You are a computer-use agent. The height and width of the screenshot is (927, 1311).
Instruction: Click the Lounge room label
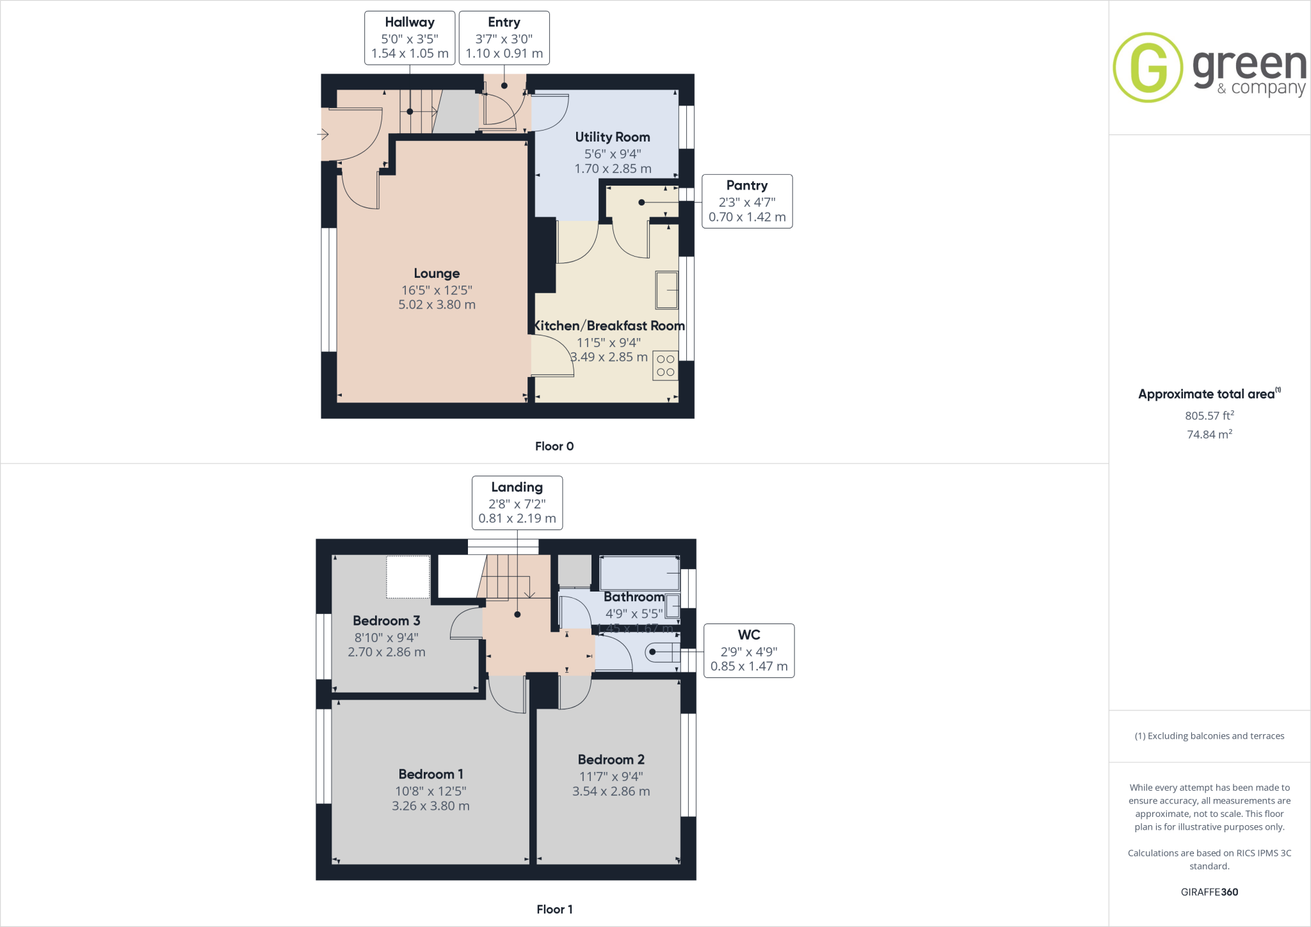click(437, 274)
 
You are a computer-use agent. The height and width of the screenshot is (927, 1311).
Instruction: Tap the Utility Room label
click(613, 137)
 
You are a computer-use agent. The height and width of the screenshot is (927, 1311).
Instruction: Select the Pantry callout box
click(747, 201)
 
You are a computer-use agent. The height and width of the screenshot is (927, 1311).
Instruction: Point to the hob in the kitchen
click(665, 366)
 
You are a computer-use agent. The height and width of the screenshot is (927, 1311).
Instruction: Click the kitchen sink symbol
click(666, 290)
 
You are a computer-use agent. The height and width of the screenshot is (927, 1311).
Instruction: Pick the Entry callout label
click(504, 38)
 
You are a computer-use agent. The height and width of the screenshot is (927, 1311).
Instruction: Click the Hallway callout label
click(410, 38)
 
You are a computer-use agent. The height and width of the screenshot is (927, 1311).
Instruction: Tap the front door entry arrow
click(323, 134)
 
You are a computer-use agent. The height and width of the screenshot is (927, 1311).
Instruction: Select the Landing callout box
click(517, 503)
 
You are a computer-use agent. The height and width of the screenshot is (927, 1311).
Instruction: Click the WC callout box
click(749, 650)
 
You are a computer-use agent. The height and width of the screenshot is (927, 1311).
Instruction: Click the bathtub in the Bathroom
click(639, 573)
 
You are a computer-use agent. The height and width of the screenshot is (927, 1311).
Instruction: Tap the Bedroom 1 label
click(431, 775)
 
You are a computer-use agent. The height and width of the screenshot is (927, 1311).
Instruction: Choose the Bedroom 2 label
click(611, 760)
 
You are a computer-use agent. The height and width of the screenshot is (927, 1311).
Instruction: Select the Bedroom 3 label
click(387, 621)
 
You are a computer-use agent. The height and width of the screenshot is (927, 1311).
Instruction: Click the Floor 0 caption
click(554, 446)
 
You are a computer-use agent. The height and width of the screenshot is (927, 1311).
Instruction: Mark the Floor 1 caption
click(554, 909)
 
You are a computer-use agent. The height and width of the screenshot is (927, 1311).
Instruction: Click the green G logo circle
click(1148, 67)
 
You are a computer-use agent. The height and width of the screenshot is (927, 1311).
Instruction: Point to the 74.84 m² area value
click(1209, 435)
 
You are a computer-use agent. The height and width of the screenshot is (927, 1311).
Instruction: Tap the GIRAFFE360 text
click(1209, 892)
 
